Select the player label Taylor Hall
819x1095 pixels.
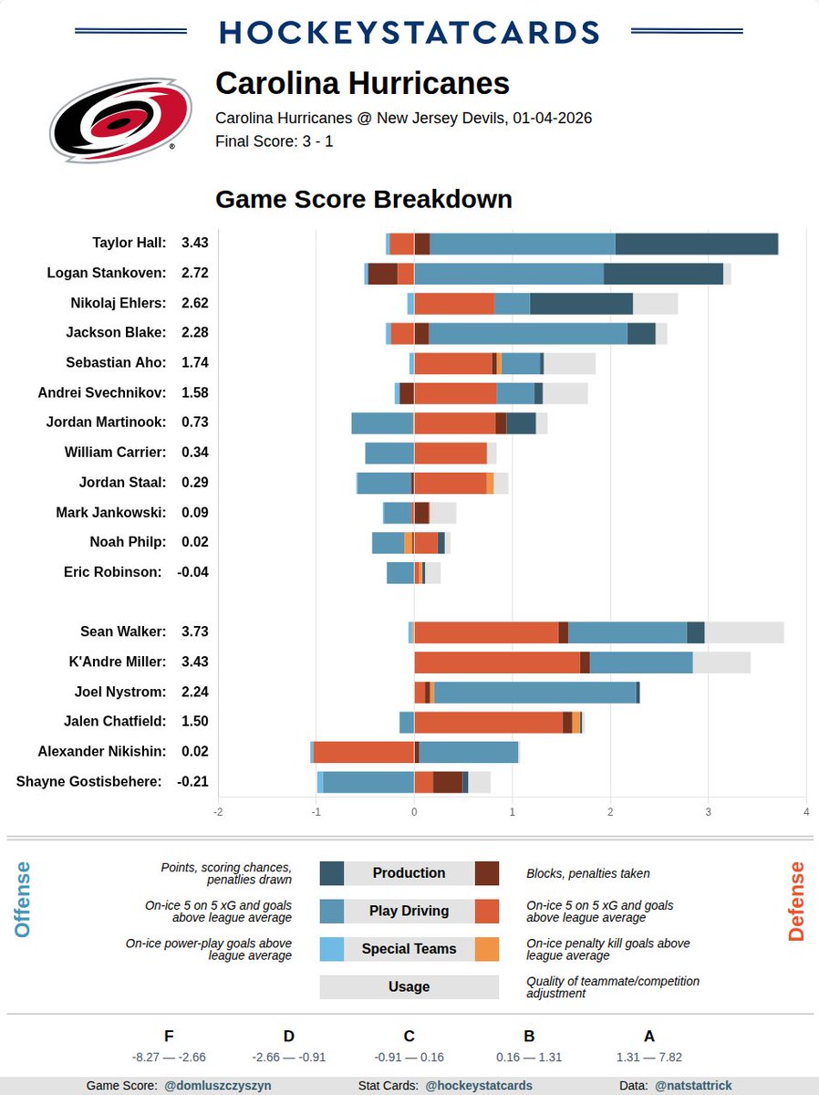(129, 243)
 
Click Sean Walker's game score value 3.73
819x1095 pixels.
(195, 631)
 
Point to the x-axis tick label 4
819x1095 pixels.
(806, 812)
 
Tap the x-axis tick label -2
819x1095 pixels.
(218, 812)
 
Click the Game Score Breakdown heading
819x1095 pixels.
(363, 199)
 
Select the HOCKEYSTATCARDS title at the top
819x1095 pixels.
(409, 32)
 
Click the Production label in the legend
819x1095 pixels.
(409, 873)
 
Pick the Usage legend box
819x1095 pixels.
(409, 986)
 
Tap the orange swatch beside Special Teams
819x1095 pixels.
(487, 949)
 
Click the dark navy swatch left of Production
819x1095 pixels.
(332, 873)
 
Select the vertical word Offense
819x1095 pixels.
(23, 900)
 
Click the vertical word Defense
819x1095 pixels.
(796, 901)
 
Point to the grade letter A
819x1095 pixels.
(649, 1036)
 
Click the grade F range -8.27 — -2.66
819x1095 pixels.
(169, 1058)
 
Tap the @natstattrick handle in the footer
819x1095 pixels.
(693, 1086)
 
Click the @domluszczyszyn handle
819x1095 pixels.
(217, 1086)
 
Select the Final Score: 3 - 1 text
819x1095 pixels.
(274, 141)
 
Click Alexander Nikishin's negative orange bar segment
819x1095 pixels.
(363, 752)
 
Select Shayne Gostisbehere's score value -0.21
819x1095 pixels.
(192, 782)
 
